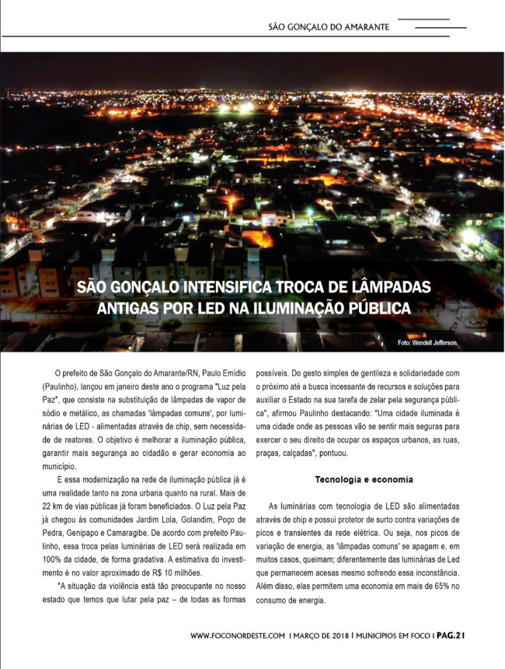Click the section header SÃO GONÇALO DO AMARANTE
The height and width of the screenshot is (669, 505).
pyautogui.click(x=329, y=26)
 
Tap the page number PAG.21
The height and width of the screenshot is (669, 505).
pyautogui.click(x=451, y=636)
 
